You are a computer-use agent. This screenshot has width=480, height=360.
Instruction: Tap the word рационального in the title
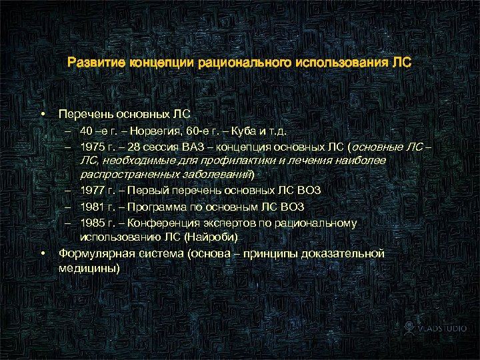[241, 63]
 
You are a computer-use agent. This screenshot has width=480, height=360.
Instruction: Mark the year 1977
[92, 190]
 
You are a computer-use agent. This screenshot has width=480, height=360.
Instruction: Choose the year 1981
[92, 207]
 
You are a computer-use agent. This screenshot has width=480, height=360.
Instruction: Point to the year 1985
[92, 223]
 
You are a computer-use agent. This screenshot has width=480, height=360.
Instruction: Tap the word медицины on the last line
[87, 268]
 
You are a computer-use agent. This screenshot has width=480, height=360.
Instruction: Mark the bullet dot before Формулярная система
[43, 253]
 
